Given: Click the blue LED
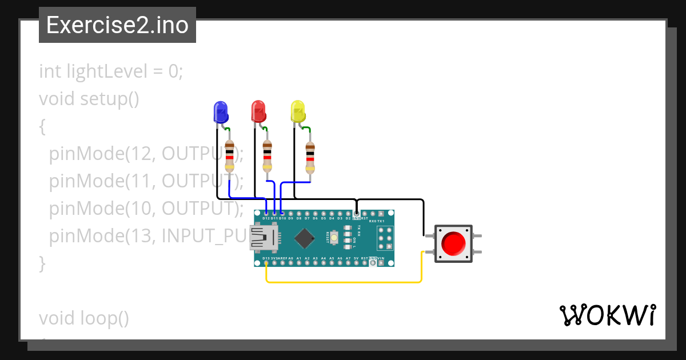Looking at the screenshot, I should pos(220,111).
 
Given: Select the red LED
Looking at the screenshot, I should pos(258,111).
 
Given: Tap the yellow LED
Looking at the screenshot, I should pos(297,111).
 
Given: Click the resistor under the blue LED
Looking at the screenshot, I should pos(229,156).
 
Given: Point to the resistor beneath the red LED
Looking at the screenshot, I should pos(267,156).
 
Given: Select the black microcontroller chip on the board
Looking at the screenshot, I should pos(305,238).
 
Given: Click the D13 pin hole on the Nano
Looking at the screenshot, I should pos(266,263).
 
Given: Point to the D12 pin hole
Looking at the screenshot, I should pos(266,213).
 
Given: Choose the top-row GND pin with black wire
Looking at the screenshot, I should pos(356,213).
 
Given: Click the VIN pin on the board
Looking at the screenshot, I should pos(381,263).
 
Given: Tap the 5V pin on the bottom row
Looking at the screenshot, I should pos(356,263).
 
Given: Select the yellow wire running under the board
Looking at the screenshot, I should pos(343,282).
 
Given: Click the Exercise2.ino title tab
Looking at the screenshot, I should pos(117,25).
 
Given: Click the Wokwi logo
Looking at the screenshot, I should pos(607,315).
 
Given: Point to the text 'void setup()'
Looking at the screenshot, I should pos(89,99).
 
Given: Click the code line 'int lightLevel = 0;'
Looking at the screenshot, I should pos(111,71).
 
